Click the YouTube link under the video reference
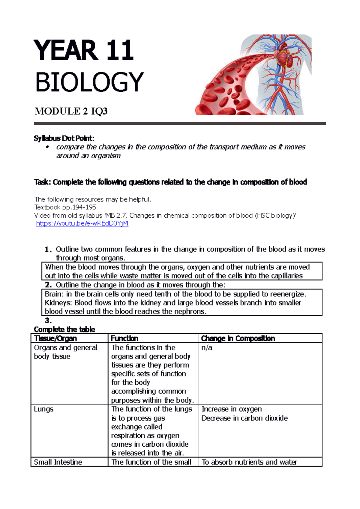82,224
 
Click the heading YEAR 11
84,51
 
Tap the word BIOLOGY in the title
89,82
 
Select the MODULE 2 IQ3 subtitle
71,112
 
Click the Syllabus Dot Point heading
64,138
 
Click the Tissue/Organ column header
55,338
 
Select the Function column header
124,338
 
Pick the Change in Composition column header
238,338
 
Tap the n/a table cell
207,348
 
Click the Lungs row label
43,409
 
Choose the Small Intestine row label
58,462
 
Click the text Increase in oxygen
232,409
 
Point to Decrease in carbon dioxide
244,418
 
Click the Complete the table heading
64,329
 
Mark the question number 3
48,320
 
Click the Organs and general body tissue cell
65,352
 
